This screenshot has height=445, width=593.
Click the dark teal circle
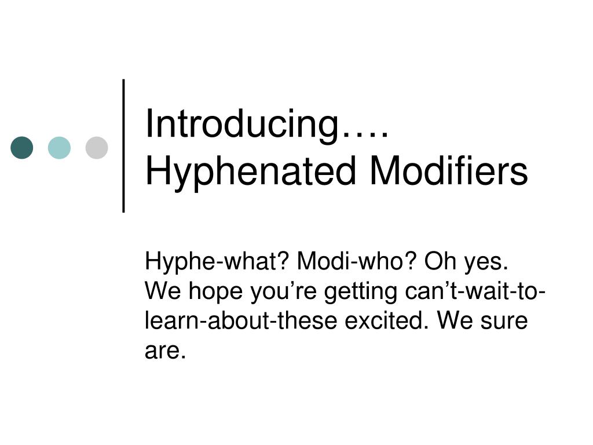coord(22,148)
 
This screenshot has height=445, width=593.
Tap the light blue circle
coord(59,148)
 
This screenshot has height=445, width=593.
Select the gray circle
coord(97,148)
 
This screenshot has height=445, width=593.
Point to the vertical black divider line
coord(124,145)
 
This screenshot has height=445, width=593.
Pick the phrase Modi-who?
coord(357,262)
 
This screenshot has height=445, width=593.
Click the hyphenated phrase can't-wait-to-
coord(475,291)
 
